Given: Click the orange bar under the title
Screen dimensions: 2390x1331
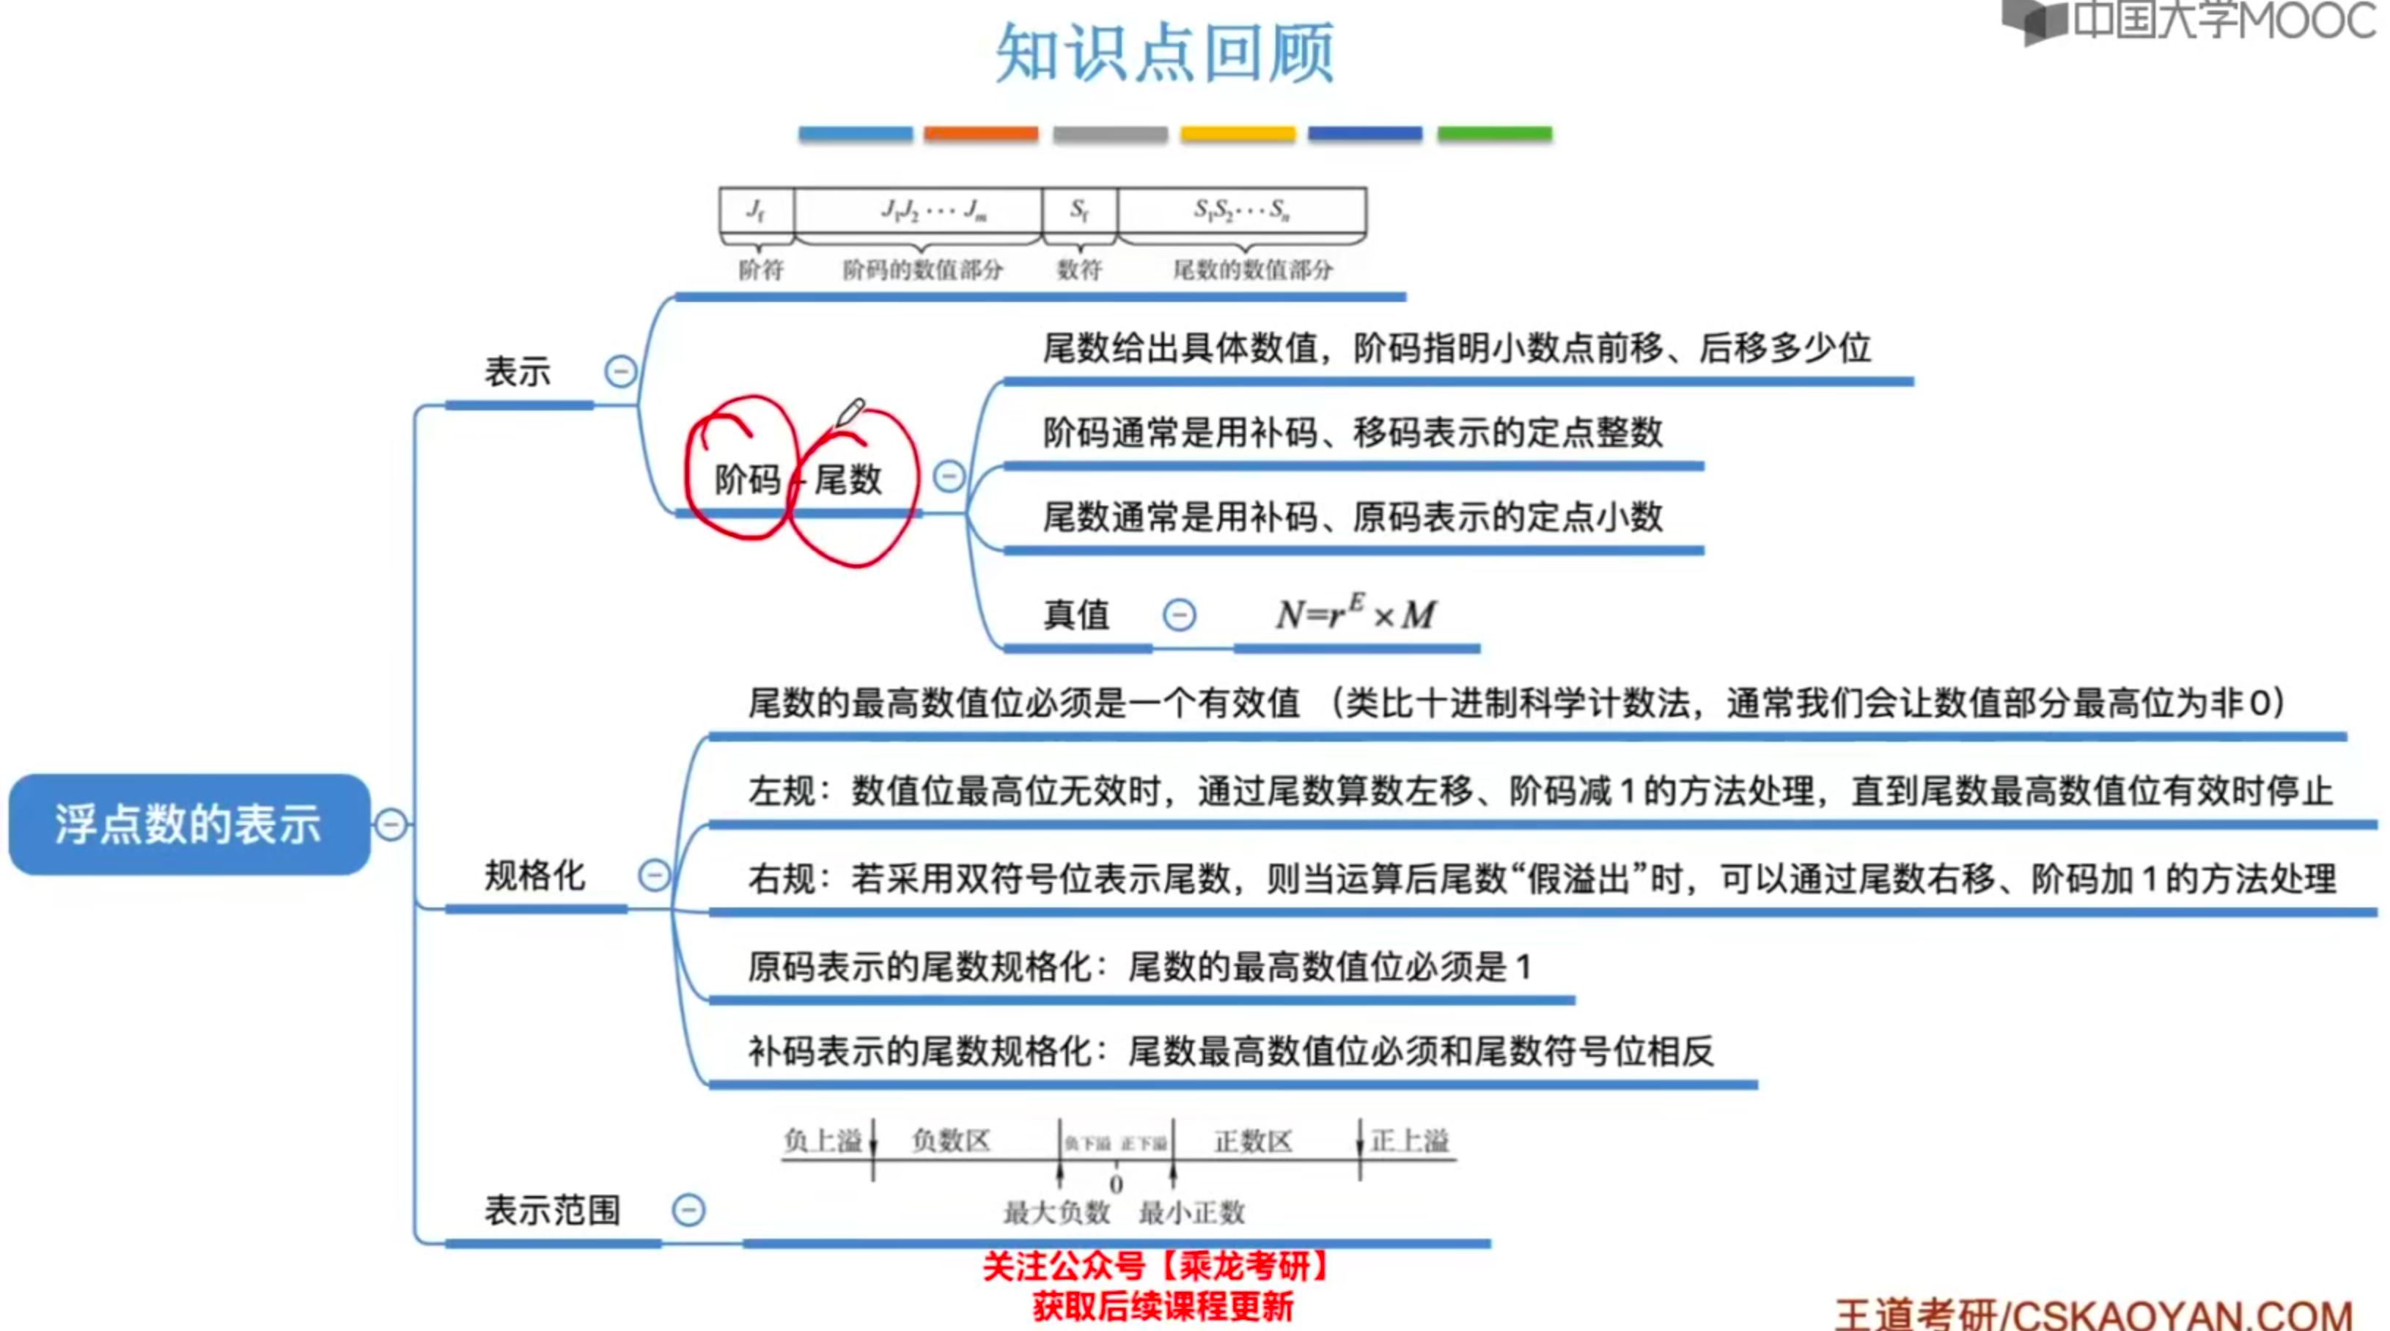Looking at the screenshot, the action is [981, 133].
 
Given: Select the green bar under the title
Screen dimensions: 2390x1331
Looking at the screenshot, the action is [1494, 133].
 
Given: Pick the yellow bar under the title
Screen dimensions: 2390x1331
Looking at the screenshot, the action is [1238, 133].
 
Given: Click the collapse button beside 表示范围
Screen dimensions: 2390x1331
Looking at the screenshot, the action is [688, 1209].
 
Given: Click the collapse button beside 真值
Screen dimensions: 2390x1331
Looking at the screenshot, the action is [1179, 614].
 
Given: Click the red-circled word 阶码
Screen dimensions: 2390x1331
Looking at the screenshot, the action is [747, 479].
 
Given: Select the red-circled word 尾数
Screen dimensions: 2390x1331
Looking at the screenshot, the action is [848, 479].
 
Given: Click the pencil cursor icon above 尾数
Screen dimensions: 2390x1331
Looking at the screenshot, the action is [850, 412].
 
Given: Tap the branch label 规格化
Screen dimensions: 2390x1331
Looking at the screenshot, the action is [534, 876].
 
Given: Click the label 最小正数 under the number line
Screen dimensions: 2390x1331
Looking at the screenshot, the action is [1191, 1212].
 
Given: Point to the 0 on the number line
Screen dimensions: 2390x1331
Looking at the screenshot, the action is [1116, 1184].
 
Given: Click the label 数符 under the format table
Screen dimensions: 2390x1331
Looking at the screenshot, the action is [1079, 270].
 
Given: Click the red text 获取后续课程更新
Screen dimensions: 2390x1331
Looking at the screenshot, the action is [1163, 1306].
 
